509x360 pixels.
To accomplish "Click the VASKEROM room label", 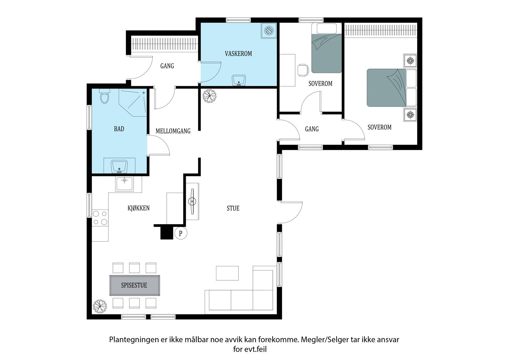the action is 238,54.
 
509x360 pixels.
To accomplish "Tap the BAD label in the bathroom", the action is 119,129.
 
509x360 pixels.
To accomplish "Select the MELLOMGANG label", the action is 173,131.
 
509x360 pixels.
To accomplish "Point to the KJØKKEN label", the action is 139,208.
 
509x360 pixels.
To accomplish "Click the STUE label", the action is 233,208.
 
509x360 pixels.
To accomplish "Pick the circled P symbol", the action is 181,233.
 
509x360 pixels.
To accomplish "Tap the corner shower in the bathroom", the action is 133,102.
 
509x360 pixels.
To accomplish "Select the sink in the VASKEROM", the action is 238,80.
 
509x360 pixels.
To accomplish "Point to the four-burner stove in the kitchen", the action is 100,218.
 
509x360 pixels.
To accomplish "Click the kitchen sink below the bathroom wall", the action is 124,184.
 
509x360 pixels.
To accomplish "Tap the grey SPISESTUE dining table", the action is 135,286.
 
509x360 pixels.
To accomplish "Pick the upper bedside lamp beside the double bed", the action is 410,61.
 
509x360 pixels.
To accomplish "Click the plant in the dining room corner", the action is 100,306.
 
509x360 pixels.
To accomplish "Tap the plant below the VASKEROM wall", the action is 210,96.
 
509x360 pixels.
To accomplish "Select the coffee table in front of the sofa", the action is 227,273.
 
